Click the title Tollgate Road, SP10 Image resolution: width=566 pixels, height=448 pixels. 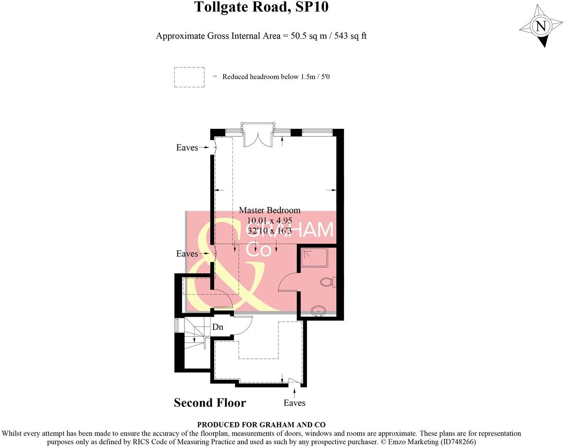(261, 7)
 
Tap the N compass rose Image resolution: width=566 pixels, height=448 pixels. (541, 26)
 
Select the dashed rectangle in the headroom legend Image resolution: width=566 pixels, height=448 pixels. (189, 77)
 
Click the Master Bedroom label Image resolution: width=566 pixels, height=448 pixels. (270, 210)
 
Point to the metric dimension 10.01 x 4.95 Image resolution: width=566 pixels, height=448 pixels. (270, 220)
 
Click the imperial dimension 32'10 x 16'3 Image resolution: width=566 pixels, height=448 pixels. (270, 231)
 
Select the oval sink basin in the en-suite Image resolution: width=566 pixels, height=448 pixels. (319, 311)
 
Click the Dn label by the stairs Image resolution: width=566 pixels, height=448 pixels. (218, 327)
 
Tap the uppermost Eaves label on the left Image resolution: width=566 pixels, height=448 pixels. (187, 147)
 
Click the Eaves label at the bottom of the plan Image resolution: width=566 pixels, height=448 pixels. (294, 403)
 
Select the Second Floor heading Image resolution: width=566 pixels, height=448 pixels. (210, 403)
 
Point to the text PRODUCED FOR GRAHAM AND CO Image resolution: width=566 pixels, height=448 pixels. (261, 425)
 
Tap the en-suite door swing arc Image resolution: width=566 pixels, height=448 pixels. (287, 281)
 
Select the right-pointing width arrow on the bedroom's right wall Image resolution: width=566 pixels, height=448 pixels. (331, 190)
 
